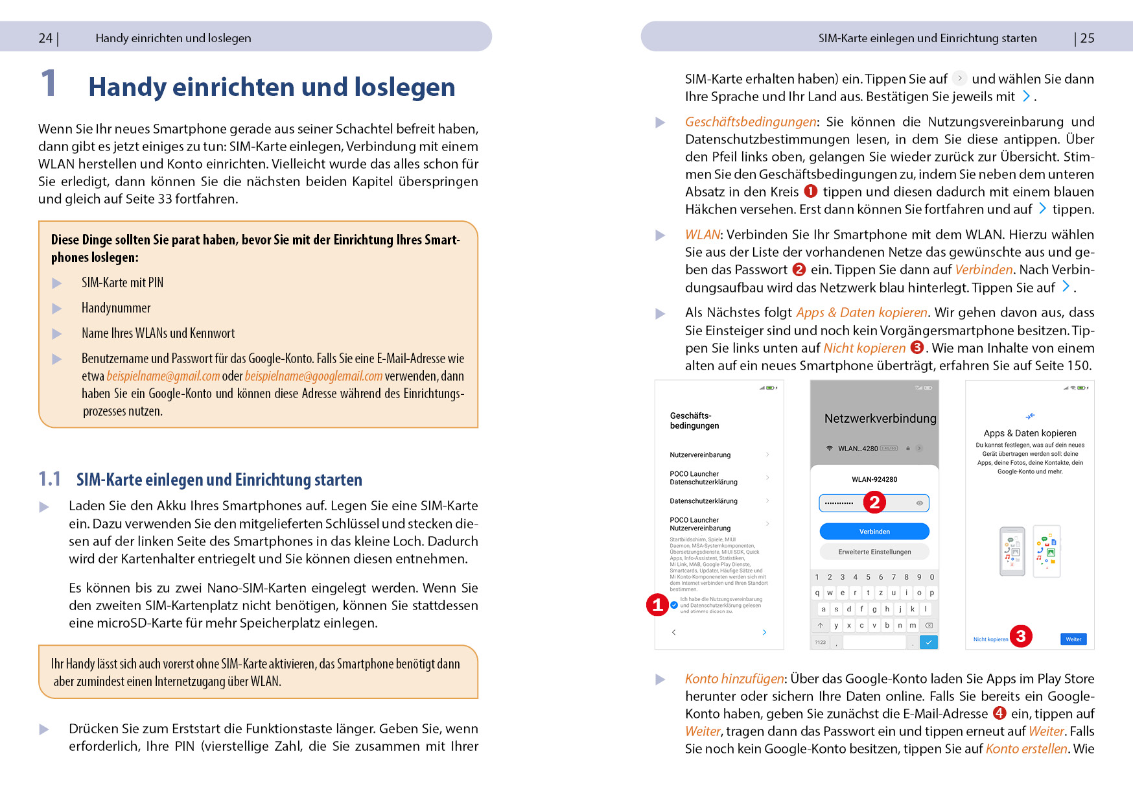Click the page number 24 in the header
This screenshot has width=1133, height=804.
[x=45, y=38]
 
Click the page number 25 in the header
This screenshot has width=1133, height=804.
[x=1087, y=38]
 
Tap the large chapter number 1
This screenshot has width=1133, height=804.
[x=49, y=84]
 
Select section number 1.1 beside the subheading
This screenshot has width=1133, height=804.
[x=49, y=479]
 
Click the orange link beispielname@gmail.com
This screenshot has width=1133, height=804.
[x=163, y=376]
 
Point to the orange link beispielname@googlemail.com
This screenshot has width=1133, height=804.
[x=314, y=376]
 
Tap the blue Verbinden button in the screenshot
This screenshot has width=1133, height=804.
[x=874, y=532]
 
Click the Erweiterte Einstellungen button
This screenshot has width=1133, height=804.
[x=874, y=552]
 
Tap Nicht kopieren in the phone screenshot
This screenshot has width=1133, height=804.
[x=990, y=639]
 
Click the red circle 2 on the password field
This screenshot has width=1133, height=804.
[x=874, y=502]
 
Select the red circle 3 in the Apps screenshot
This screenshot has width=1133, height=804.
[x=1021, y=636]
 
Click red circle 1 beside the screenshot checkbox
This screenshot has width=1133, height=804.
[x=657, y=605]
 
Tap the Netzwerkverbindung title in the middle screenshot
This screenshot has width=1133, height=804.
[x=880, y=419]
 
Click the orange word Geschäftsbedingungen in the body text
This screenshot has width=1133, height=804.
[x=751, y=122]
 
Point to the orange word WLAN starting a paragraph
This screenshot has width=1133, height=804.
[x=702, y=235]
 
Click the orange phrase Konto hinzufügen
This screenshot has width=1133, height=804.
[x=734, y=679]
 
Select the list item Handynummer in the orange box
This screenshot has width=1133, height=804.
[x=116, y=308]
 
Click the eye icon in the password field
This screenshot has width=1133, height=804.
[x=919, y=503]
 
